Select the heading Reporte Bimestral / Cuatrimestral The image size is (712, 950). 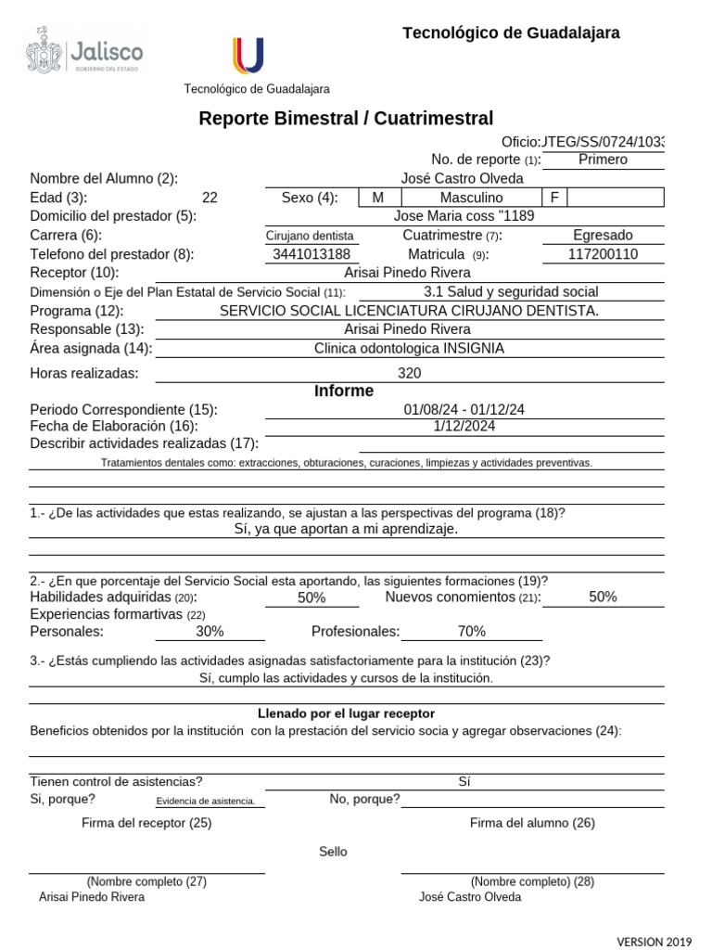[346, 118]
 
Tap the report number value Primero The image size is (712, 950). [603, 160]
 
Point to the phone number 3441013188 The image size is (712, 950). [311, 254]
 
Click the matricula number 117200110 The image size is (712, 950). [603, 254]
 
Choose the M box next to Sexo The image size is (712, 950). [377, 198]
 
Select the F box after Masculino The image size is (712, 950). [554, 198]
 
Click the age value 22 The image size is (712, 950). [210, 198]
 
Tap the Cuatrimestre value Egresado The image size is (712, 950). [603, 236]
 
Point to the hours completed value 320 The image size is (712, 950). [409, 373]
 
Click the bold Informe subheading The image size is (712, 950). [344, 392]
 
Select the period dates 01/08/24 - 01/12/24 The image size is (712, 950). [464, 410]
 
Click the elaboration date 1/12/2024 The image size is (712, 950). [464, 427]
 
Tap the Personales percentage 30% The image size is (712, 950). [210, 632]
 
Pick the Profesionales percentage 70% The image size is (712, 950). [471, 632]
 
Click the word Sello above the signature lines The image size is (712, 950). [333, 852]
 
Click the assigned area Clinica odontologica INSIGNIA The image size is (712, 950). [409, 348]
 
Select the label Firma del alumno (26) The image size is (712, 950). [532, 823]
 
